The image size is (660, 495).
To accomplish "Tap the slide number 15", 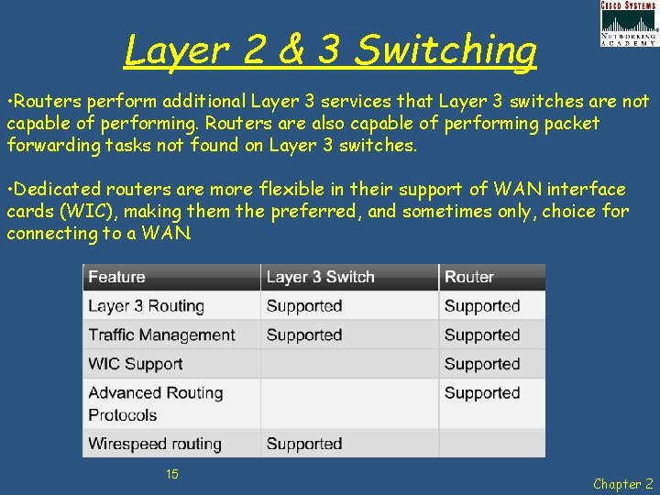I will (171, 474).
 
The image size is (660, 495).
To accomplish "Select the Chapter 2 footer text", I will (622, 483).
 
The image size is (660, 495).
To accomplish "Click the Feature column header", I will (116, 277).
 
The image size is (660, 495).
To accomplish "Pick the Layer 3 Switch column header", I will (320, 277).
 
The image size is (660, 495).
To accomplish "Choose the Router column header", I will (468, 277).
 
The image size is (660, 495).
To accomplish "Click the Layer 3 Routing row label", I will (146, 306).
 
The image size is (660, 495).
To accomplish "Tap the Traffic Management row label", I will (161, 335).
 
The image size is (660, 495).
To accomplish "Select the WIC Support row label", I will (135, 364).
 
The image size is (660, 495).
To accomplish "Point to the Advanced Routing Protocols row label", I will (155, 403).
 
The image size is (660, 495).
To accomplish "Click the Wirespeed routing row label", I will (154, 444).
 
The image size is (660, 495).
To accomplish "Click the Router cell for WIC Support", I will (481, 364).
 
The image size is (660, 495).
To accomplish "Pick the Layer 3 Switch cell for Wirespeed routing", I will (303, 444).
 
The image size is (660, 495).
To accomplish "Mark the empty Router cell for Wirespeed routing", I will (491, 444).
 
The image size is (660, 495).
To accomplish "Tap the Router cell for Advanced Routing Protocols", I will (481, 393).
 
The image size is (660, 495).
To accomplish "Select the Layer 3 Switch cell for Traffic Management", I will (303, 335).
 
